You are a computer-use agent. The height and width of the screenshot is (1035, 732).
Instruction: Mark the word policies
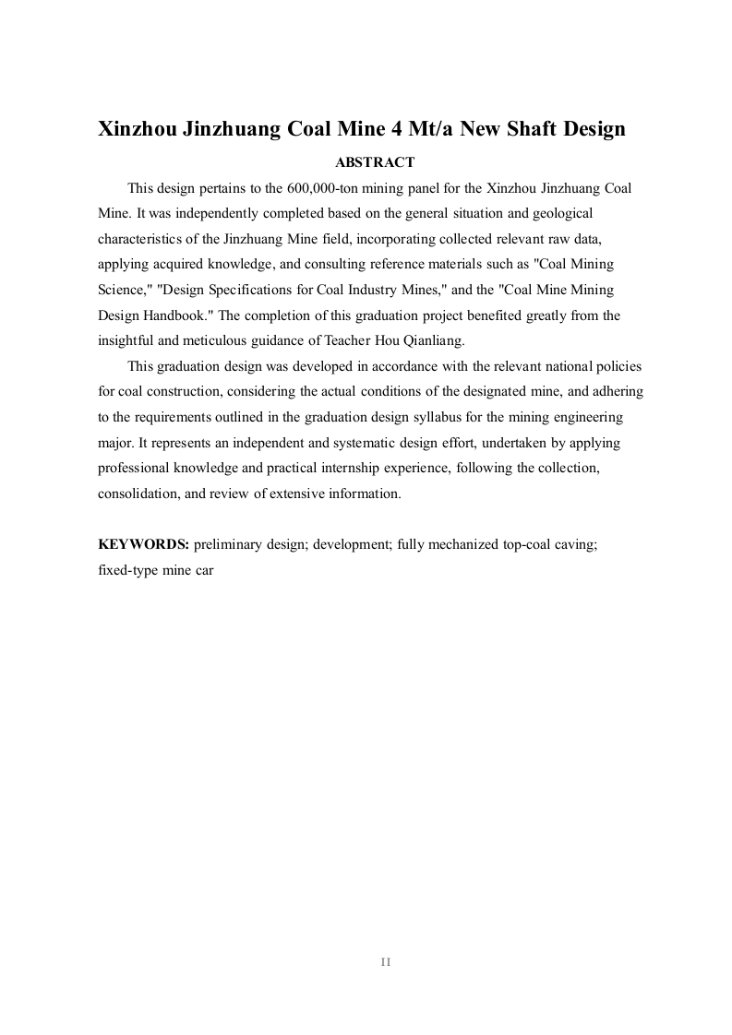click(618, 366)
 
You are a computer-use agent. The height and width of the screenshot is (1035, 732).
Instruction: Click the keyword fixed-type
click(127, 570)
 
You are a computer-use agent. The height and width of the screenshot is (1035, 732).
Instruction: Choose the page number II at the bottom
click(386, 962)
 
